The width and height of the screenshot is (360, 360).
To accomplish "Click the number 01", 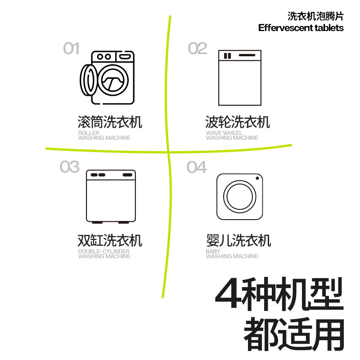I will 71,48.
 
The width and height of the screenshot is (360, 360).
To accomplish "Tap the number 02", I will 197,48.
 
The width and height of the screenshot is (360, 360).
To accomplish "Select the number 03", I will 69,167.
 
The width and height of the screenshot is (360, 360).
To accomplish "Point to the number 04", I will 197,167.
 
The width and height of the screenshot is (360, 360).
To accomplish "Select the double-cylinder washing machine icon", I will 111,197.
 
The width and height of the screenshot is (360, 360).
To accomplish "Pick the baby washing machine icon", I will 240,197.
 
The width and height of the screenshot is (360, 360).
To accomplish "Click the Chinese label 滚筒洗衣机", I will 110,122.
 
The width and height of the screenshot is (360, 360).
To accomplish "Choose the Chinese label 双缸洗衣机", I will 110,240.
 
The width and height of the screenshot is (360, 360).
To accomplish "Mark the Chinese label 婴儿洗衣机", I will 238,240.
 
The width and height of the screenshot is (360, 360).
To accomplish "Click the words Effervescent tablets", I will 301,28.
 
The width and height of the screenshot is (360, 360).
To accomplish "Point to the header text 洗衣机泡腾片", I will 315,17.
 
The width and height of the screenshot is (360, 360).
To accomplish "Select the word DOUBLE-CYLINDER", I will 104,252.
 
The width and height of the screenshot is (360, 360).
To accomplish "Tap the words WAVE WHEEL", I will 224,133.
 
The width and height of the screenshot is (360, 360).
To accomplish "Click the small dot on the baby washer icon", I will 257,179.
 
